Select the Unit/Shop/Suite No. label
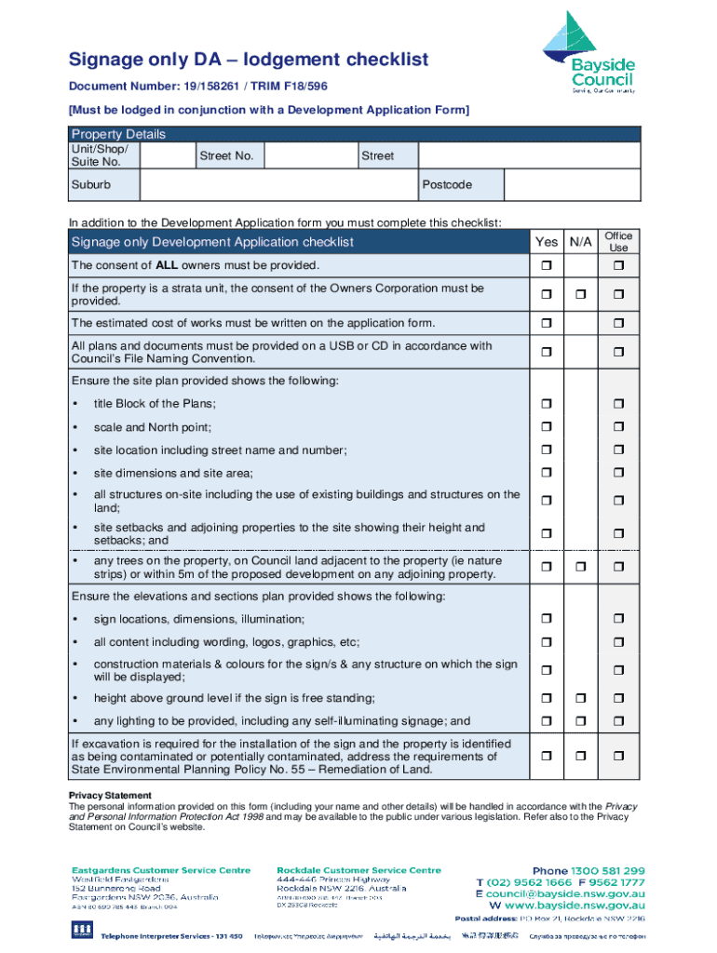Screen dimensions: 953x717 point(97,155)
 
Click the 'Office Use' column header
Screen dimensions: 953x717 point(618,242)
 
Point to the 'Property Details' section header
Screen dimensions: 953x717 point(118,134)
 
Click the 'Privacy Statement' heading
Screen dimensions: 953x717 point(110,795)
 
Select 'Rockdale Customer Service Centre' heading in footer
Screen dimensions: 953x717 point(358,870)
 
